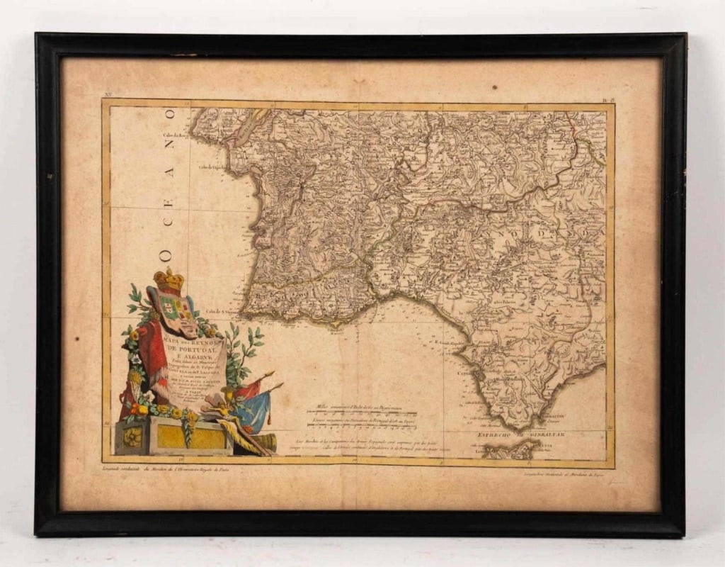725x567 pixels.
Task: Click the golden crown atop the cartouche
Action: click(x=169, y=279)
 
